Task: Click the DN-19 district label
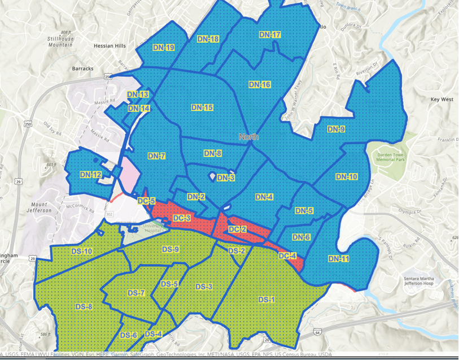(x=164, y=47)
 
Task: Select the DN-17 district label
(x=270, y=35)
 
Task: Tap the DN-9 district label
(x=336, y=129)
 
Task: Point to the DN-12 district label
(x=90, y=175)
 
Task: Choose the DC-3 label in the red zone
(x=182, y=218)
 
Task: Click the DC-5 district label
(x=146, y=201)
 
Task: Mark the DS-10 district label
(x=81, y=251)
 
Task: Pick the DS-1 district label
(x=266, y=299)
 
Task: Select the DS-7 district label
(x=137, y=293)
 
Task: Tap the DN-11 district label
(x=339, y=259)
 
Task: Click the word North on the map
(x=249, y=137)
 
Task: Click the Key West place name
(x=442, y=99)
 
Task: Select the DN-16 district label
(x=260, y=84)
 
